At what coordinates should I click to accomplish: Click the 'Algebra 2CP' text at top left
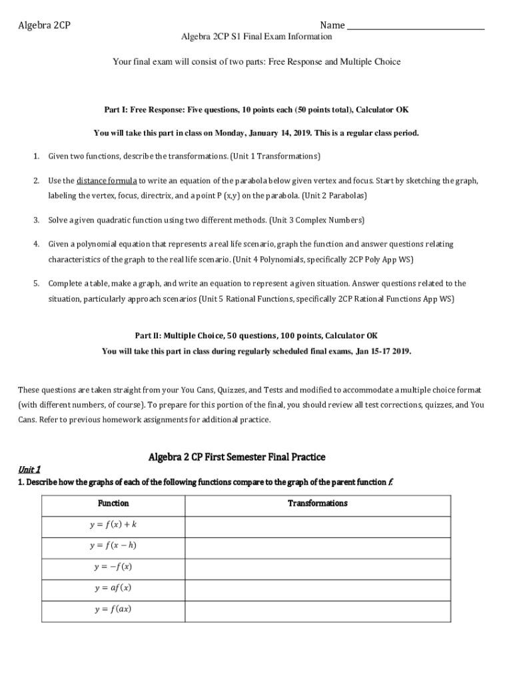(45, 26)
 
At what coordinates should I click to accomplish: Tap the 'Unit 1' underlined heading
(29, 469)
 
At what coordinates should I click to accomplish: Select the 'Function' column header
(113, 504)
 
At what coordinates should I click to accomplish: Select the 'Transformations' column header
(317, 504)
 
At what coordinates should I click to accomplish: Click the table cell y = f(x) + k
(113, 525)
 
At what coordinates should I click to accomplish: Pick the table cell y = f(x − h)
(113, 545)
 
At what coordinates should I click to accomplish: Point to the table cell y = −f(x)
(113, 567)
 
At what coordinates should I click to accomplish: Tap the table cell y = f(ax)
(113, 609)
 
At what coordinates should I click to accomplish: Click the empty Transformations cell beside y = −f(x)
(317, 567)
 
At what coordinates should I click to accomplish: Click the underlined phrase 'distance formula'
(107, 181)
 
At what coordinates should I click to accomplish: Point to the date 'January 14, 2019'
(280, 133)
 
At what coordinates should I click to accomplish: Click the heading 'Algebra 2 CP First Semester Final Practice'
(237, 457)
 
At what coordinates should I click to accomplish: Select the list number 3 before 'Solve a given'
(36, 220)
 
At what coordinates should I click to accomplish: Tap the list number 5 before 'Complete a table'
(36, 284)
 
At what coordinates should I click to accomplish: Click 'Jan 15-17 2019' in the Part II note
(383, 351)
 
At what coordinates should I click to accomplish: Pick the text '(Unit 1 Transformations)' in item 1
(275, 157)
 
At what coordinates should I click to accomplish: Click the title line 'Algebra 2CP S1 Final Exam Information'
(256, 37)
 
